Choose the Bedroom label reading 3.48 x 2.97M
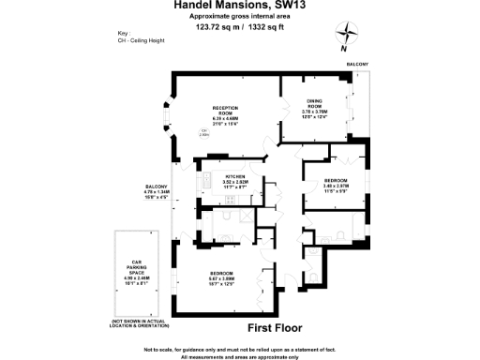coord(336,186)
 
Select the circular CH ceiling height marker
coord(203,132)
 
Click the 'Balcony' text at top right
coord(357,64)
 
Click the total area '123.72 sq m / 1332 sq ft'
coord(238,27)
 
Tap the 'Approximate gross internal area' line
coord(238,17)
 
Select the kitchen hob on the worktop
coord(203,181)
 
